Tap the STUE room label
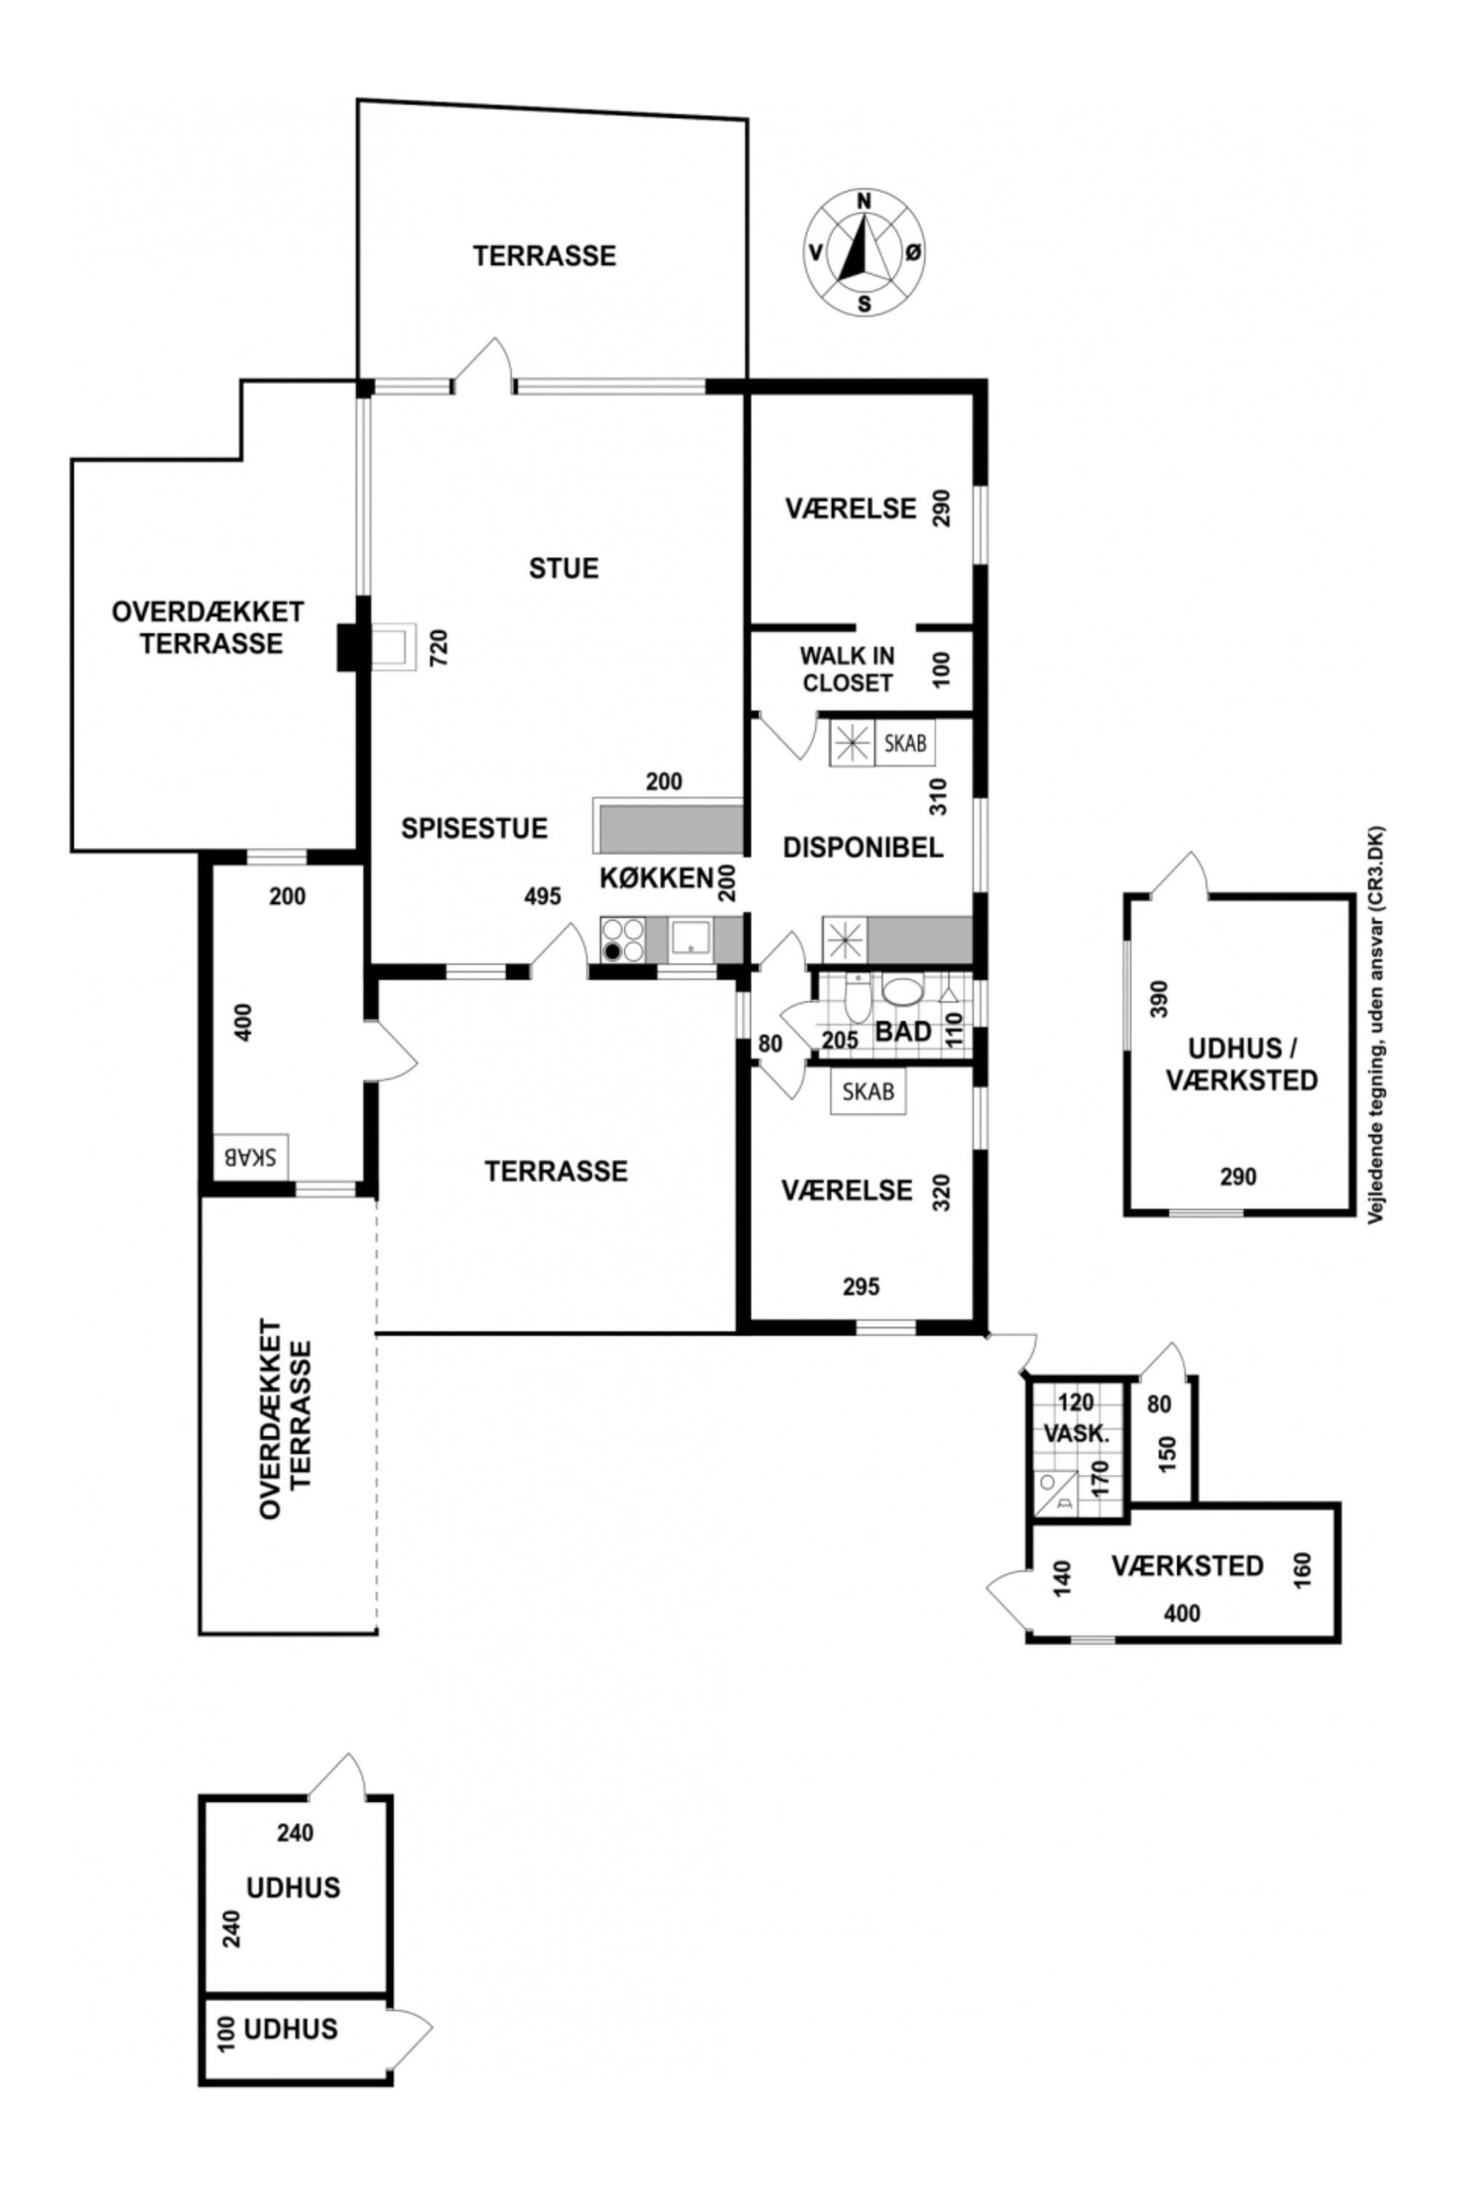564,568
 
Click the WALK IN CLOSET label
847,669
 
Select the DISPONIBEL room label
863,847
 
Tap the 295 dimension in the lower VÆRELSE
861,1286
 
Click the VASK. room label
1076,1433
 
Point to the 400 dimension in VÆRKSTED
1181,1614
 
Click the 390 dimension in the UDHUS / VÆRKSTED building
1158,999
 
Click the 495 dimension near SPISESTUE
543,896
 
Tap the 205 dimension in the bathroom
840,1040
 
